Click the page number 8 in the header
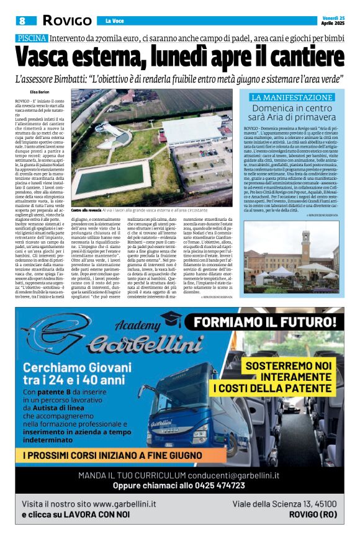(x=22, y=20)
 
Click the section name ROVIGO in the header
(x=66, y=20)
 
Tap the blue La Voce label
(x=115, y=21)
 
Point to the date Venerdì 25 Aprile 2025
(x=332, y=20)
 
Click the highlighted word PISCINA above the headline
(x=32, y=38)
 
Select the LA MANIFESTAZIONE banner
(x=291, y=97)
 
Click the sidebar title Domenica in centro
(x=291, y=108)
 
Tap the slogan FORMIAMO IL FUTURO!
(x=269, y=322)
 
